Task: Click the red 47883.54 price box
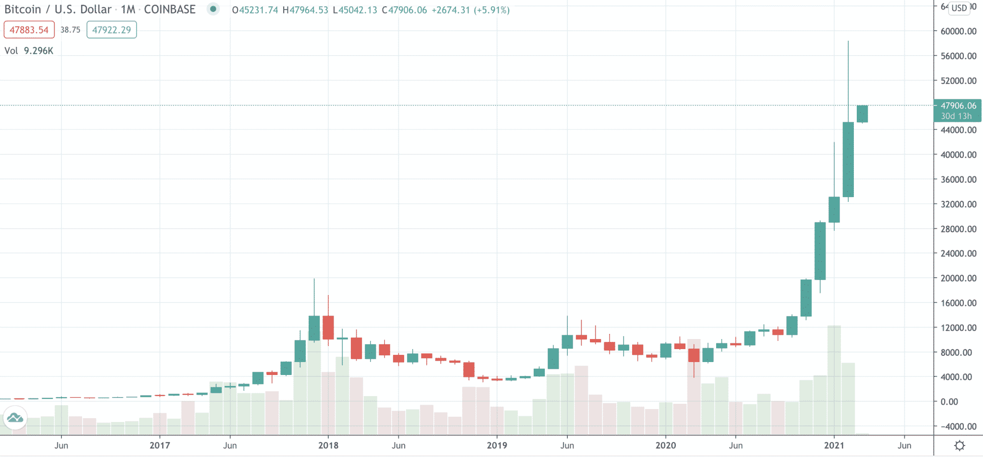29,30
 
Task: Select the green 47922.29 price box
111,30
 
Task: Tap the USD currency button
959,8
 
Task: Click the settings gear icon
959,445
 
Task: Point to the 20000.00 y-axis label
958,278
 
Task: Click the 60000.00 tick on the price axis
958,31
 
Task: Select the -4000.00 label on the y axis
958,426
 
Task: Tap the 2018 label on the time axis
328,445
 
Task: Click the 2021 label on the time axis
834,445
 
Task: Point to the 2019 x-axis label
497,445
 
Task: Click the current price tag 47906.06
958,106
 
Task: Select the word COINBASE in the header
169,10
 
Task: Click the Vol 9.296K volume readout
29,51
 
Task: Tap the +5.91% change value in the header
491,10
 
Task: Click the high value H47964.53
305,10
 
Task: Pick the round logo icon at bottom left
15,418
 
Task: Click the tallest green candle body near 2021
848,159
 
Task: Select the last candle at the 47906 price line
862,114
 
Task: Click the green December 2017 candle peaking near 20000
314,328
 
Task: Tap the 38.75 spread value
70,30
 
